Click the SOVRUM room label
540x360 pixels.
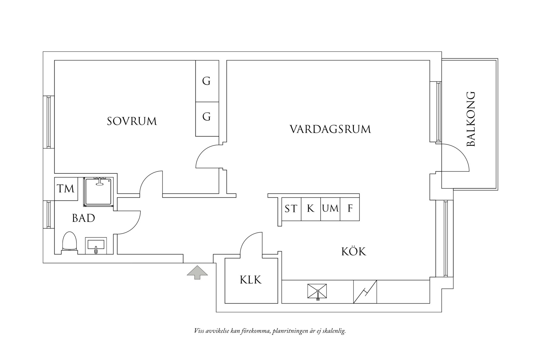coord(132,121)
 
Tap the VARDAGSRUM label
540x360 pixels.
coord(330,129)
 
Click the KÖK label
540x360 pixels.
coord(354,252)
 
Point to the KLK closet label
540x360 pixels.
coord(251,280)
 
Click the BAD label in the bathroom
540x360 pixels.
coord(83,218)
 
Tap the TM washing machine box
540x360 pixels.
coord(66,189)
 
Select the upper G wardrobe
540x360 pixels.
coord(207,81)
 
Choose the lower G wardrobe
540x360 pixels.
coord(207,116)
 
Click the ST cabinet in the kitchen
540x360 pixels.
coord(291,209)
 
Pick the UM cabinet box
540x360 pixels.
coord(330,209)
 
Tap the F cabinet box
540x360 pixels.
coord(350,209)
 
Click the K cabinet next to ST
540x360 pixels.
coord(310,209)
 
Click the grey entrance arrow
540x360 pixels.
coord(197,272)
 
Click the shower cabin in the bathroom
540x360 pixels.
coord(98,192)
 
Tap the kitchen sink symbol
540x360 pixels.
coord(317,292)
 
